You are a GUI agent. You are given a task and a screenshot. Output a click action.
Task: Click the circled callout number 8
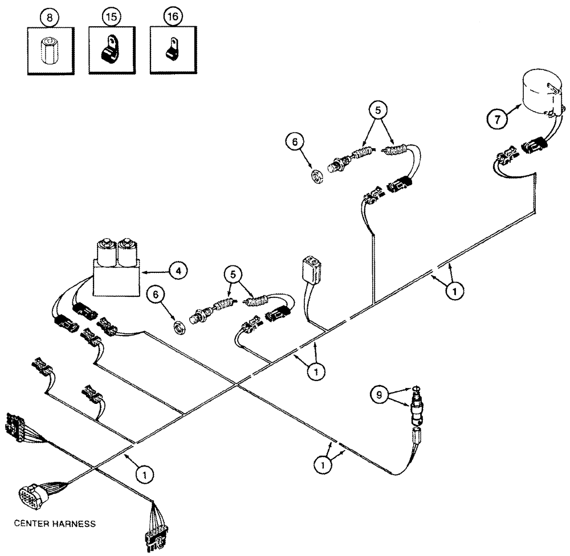pos(48,18)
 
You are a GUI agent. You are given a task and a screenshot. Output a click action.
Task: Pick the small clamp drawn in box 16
pos(172,54)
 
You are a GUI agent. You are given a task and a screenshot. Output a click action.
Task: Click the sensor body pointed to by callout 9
pos(417,410)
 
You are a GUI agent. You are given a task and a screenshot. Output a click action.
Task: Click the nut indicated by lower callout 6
pos(179,326)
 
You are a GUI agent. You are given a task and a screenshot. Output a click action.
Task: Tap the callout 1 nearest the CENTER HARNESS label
pos(145,472)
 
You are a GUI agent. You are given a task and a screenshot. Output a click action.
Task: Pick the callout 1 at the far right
pos(454,291)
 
